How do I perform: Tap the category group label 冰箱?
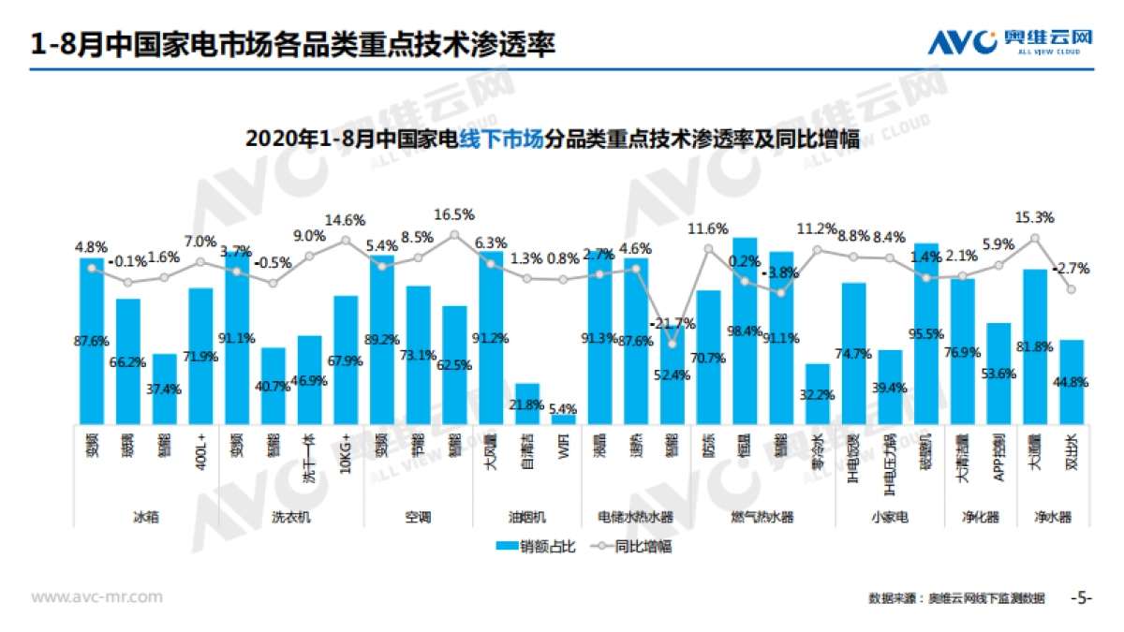[146, 516]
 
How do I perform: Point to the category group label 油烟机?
[527, 516]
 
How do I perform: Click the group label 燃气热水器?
[762, 516]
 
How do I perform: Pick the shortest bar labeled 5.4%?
[564, 419]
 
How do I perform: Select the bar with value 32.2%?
[818, 393]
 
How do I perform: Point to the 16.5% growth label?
[455, 214]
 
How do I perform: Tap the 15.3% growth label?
[1035, 217]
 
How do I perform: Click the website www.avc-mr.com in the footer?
[97, 596]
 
